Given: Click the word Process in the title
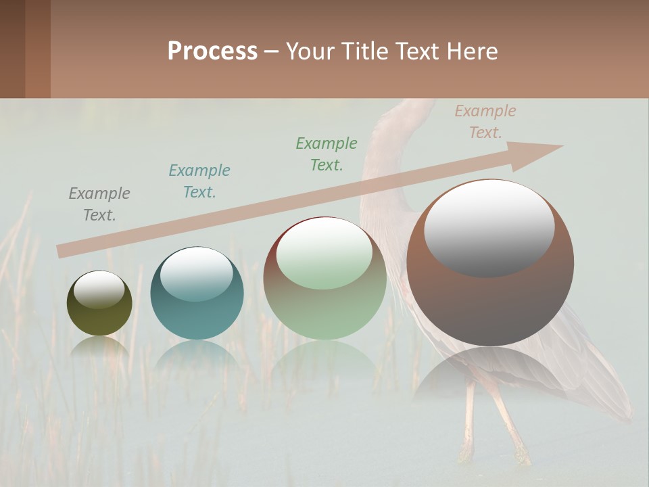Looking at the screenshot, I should [x=212, y=51].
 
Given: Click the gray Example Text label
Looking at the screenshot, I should [x=99, y=204].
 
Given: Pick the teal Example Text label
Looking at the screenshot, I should [x=199, y=181].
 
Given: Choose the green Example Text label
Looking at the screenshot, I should [x=327, y=154].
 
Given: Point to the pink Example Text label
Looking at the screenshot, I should [x=485, y=122].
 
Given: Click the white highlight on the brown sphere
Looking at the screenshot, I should [x=489, y=227].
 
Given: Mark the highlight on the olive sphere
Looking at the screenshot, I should [x=99, y=289].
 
